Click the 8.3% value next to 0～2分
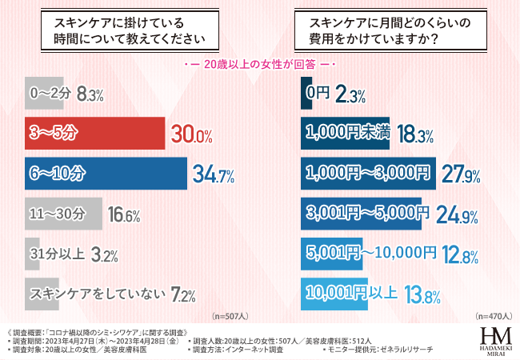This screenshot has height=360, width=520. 90,94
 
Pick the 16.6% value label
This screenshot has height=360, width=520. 123,215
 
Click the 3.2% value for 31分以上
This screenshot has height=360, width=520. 104,255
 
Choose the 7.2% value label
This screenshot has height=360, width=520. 183,295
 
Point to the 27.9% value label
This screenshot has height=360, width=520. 461,174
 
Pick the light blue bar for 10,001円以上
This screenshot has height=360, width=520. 334,294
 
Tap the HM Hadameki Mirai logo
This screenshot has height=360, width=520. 496,341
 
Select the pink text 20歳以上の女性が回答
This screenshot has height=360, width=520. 259,63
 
